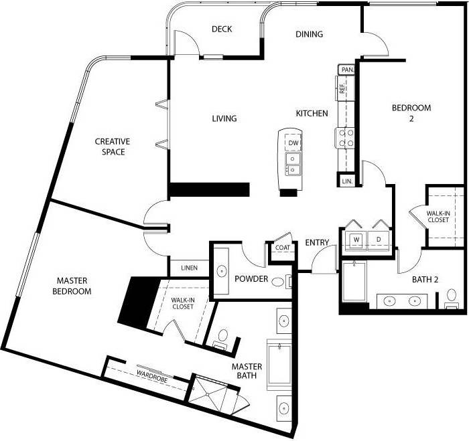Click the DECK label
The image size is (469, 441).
(221, 29)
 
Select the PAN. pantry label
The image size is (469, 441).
(346, 70)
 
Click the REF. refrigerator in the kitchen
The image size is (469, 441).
(342, 86)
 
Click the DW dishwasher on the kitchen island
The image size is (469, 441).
(293, 143)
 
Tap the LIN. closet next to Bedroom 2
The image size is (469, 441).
(346, 181)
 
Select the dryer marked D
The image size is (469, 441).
(379, 240)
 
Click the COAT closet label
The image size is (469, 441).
(282, 248)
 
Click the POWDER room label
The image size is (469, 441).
(252, 279)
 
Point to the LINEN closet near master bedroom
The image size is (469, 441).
(189, 268)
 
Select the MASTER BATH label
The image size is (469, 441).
(247, 373)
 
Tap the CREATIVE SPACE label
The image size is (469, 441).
(112, 147)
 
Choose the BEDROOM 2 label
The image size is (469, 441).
(411, 113)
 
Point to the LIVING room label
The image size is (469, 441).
(224, 118)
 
